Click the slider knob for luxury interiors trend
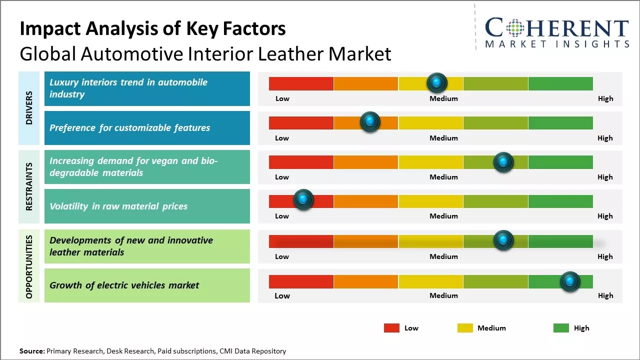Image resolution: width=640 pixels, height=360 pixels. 437,82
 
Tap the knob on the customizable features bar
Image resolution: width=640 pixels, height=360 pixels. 370,121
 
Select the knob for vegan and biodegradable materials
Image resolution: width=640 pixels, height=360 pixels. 503,162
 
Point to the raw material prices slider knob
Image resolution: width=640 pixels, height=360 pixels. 303,199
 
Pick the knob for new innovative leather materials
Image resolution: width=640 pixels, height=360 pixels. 503,240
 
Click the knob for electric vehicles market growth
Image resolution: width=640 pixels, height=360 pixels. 570,281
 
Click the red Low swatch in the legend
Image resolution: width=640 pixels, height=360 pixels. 391,328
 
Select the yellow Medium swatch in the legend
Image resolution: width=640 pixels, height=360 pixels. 465,328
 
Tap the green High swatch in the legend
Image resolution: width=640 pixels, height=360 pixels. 561,328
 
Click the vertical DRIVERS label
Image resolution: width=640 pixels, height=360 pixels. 29,107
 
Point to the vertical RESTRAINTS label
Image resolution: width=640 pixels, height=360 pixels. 29,186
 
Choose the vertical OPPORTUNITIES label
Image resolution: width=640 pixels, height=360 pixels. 29,267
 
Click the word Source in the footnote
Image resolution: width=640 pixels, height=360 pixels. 31,351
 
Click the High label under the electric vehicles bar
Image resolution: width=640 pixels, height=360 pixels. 605,295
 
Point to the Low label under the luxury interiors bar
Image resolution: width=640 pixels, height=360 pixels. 282,98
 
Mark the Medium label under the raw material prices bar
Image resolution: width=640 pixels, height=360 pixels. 443,216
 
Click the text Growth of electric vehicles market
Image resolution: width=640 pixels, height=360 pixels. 124,285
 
